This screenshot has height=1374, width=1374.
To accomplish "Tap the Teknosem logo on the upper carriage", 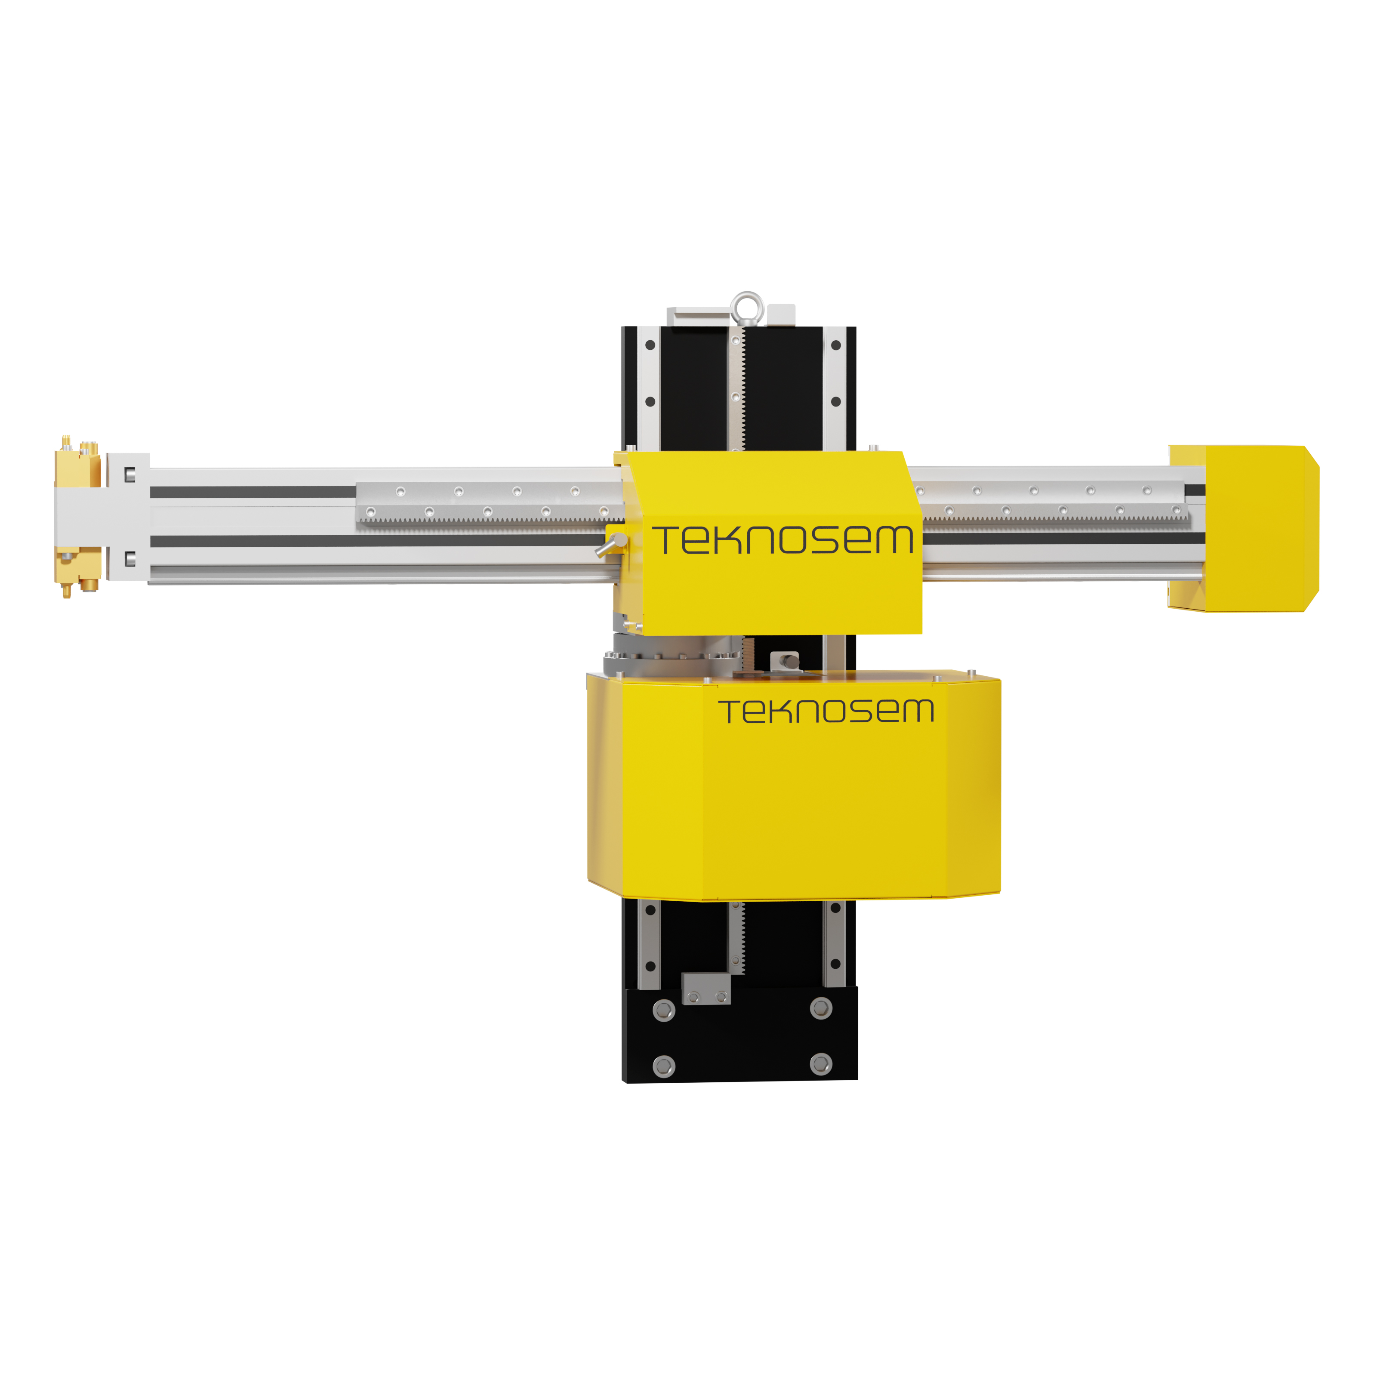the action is (x=783, y=540).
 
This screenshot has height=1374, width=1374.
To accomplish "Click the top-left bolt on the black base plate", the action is (x=663, y=1010).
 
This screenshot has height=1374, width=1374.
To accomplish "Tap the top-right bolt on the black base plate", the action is (x=821, y=1008).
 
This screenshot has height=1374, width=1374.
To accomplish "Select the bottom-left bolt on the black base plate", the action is (x=663, y=1066).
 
